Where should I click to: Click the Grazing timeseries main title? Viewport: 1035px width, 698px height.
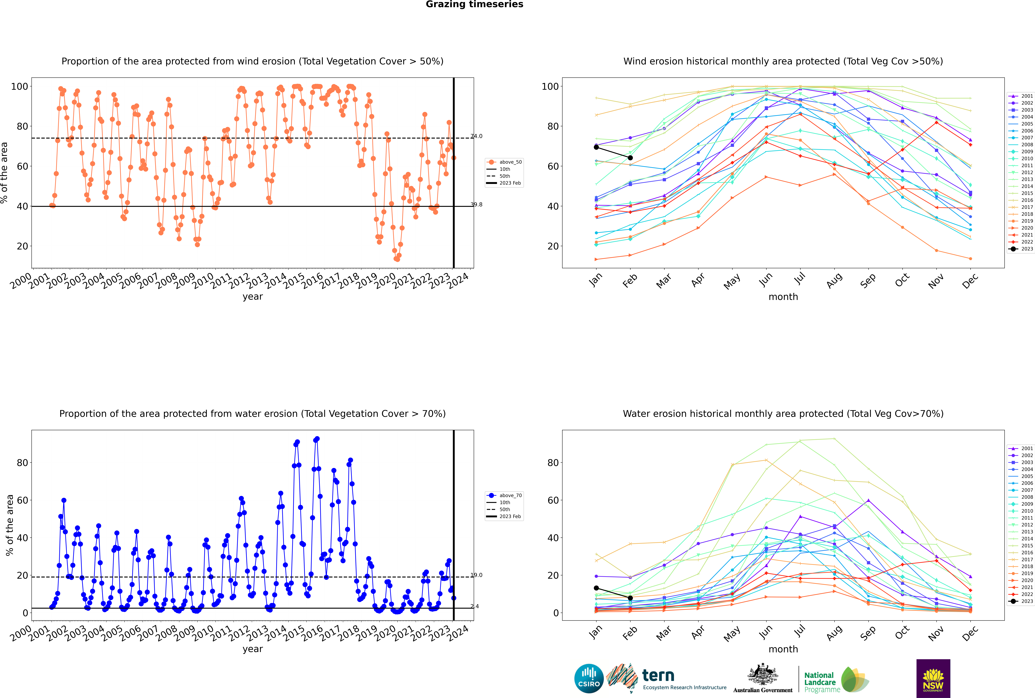coord(474,4)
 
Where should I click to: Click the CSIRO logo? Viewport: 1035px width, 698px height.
coord(589,678)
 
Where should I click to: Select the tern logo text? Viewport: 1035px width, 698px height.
coord(658,676)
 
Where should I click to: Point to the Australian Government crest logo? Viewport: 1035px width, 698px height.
coord(763,678)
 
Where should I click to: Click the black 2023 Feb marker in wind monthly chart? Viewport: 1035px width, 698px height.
coord(630,158)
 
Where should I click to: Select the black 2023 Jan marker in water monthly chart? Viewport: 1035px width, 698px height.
coord(596,588)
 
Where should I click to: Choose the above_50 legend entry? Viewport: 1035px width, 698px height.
coord(504,162)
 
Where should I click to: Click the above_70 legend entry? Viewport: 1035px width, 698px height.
coord(504,495)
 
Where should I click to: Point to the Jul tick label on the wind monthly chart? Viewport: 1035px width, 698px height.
coord(800,279)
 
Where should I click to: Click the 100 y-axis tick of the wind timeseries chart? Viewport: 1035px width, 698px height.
coord(20,86)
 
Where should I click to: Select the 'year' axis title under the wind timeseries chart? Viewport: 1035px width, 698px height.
coord(253,297)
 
